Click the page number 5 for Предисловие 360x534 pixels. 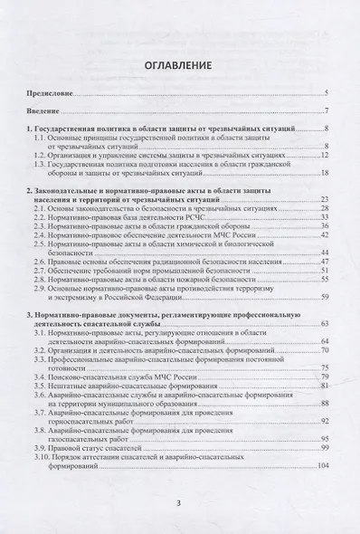pos(327,94)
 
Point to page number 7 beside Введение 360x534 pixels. pos(327,111)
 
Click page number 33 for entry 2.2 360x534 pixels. pos(324,217)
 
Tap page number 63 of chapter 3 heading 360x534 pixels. pos(324,323)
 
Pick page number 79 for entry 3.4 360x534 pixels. pos(324,376)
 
